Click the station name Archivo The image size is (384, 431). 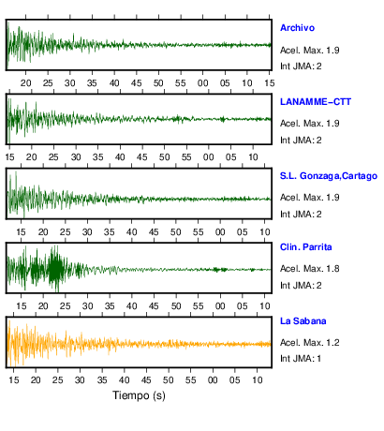[x=297, y=28]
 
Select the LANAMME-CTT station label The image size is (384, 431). [x=316, y=102]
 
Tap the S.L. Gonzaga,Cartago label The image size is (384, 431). [x=329, y=176]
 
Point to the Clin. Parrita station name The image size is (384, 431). [x=305, y=247]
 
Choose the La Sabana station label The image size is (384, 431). [x=303, y=321]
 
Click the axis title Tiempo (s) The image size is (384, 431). [x=139, y=395]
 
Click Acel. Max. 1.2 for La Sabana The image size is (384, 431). [x=309, y=343]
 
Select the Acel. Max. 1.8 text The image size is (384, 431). [x=309, y=269]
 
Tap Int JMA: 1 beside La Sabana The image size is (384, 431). [x=301, y=359]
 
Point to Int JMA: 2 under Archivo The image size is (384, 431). [x=301, y=67]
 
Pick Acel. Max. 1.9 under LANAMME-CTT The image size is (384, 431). [x=309, y=124]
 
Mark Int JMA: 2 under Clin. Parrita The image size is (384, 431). [x=301, y=286]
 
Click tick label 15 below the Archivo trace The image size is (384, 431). [x=270, y=83]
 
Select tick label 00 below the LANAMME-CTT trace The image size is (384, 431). [x=209, y=157]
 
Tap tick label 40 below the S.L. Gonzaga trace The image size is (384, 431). [x=131, y=232]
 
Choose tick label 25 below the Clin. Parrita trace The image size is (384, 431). [x=65, y=306]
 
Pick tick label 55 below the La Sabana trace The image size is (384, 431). [x=190, y=380]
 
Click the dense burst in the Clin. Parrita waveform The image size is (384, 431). [x=55, y=269]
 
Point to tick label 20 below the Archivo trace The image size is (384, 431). [x=25, y=83]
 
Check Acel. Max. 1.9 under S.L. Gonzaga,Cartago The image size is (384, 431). [x=309, y=198]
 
